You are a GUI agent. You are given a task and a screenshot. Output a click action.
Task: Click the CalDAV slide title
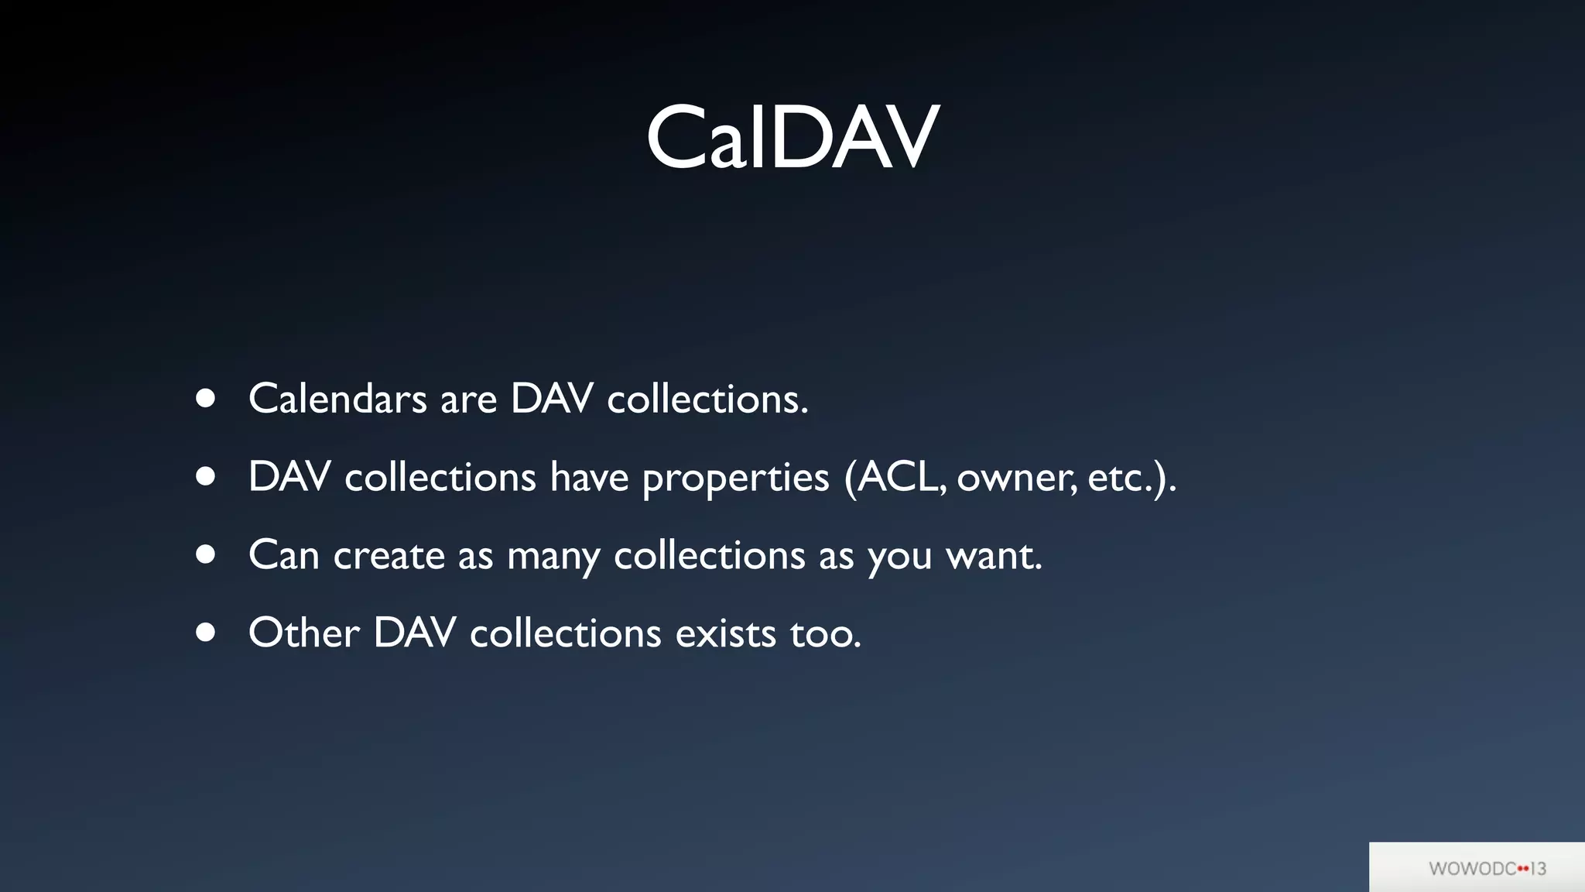[792, 138]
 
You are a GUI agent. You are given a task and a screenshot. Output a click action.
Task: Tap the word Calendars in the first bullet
[337, 400]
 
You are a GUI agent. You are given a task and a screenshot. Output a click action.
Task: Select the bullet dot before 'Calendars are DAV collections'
[205, 398]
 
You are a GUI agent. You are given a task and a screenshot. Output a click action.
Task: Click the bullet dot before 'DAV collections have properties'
[205, 476]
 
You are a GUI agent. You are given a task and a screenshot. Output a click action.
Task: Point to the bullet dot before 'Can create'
[205, 554]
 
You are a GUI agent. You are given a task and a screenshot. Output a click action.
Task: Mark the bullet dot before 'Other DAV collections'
[205, 633]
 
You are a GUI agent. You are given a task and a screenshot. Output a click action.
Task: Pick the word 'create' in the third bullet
[389, 556]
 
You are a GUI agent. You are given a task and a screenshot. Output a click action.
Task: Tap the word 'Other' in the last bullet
[303, 633]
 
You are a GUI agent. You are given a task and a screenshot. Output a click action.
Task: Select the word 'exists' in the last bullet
[725, 633]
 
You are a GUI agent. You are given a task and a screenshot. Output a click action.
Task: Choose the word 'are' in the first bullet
[468, 400]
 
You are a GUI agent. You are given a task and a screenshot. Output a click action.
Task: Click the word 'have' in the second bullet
[589, 477]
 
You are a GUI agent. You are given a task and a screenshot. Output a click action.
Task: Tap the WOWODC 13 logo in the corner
[1487, 868]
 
